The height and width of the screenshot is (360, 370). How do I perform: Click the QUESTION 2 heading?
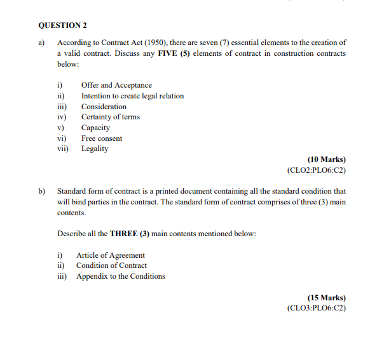click(x=62, y=25)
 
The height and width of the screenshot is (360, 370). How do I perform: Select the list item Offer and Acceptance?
click(x=116, y=85)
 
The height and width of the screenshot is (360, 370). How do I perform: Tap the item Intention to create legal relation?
click(x=132, y=96)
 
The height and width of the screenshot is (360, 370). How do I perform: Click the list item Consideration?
click(x=104, y=107)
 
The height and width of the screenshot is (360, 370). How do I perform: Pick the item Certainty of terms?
click(x=110, y=117)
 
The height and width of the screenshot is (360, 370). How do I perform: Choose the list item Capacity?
click(x=95, y=128)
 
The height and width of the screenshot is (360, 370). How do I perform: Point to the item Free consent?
click(x=102, y=138)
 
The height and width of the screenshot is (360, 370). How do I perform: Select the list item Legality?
click(x=95, y=149)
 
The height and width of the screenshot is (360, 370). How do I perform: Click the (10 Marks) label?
click(x=326, y=159)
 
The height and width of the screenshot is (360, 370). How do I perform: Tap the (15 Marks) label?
click(x=326, y=297)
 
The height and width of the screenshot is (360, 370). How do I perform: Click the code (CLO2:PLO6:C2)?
click(x=317, y=170)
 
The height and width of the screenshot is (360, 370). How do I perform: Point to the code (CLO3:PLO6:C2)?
click(x=317, y=308)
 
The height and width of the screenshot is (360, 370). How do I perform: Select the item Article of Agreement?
click(x=110, y=255)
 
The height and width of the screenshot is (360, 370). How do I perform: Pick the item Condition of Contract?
click(x=111, y=265)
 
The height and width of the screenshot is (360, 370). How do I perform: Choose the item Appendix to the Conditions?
click(x=120, y=276)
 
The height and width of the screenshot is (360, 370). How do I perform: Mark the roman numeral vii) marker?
click(x=63, y=149)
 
